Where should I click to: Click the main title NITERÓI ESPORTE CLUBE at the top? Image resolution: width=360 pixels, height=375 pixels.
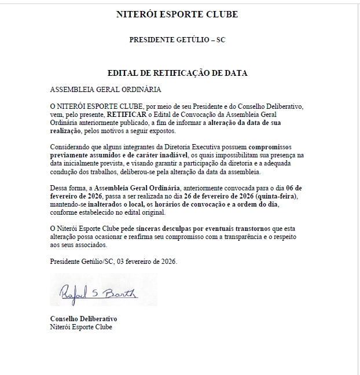point(177,14)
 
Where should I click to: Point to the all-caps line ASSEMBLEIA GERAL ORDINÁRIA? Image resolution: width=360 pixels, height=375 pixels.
point(106,90)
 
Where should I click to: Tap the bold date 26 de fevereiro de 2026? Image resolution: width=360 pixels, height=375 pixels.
point(266,197)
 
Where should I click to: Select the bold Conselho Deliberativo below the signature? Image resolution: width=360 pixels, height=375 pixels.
point(83,319)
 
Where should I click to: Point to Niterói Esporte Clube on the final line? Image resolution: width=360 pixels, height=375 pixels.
point(81,327)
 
